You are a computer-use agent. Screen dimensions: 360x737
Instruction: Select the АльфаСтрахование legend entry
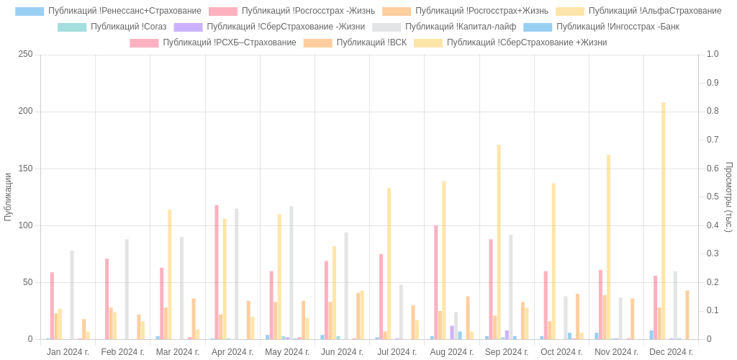654,11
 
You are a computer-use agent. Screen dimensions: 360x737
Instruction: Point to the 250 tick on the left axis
26,54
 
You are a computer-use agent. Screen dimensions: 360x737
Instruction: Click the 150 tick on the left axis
26,168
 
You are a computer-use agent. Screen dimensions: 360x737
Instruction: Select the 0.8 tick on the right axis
713,111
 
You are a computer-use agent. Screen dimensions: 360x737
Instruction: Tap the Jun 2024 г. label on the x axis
342,352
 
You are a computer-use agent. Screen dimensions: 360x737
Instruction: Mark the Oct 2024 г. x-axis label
561,352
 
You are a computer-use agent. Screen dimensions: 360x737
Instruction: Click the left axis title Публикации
8,197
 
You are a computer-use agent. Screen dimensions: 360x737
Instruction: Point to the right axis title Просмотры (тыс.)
728,197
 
